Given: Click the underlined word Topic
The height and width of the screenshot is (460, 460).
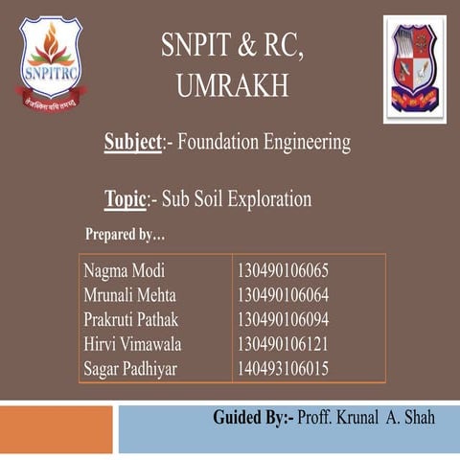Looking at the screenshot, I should (126, 199).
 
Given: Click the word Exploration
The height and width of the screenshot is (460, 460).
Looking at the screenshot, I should (266, 199).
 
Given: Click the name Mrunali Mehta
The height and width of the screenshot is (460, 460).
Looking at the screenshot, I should (129, 294).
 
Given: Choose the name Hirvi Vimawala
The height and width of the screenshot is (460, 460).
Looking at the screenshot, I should (132, 343).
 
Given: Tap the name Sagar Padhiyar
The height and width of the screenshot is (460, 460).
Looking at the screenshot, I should (130, 367).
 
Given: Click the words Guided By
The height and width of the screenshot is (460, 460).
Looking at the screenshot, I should (253, 419).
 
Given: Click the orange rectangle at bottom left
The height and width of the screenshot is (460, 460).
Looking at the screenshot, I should (57, 428).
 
